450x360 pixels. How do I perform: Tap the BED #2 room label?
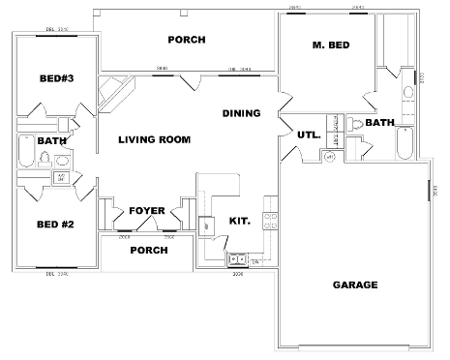[x=55, y=225]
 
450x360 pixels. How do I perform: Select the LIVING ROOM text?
[x=155, y=139]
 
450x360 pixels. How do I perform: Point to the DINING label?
[x=241, y=113]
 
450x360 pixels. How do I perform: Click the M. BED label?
[x=330, y=45]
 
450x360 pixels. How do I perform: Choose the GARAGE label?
[x=355, y=285]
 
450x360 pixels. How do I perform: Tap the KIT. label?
[x=240, y=220]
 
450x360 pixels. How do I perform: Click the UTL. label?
[x=310, y=135]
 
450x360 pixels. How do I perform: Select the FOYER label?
[x=146, y=210]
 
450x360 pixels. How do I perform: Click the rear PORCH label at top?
[x=185, y=40]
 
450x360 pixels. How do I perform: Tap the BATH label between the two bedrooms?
[x=51, y=140]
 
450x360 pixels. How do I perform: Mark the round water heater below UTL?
[x=329, y=156]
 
